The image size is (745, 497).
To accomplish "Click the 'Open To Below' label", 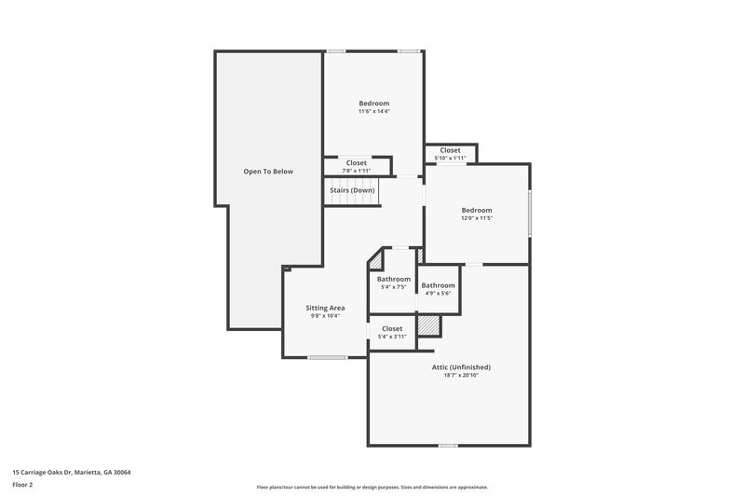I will [x=268, y=172].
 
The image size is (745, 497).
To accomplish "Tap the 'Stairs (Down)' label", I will [x=352, y=190].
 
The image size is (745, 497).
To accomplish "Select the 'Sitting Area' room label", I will [x=325, y=308].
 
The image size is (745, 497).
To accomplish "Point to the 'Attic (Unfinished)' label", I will [x=461, y=367].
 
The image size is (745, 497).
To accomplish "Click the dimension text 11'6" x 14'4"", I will [x=373, y=112].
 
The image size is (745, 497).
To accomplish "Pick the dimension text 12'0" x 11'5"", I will [x=476, y=218].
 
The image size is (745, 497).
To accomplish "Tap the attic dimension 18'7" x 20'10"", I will [x=461, y=376].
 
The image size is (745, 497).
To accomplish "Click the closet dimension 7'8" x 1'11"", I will [x=356, y=171].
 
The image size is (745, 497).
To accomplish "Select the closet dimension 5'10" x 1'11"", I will [x=450, y=158].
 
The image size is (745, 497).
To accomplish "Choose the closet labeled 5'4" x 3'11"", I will [x=392, y=336].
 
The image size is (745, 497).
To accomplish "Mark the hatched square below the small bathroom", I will [x=427, y=324].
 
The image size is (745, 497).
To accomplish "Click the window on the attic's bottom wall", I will [x=448, y=445].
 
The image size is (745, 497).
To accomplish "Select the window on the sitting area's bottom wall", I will [x=327, y=357].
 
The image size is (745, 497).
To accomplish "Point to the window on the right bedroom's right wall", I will [x=530, y=214].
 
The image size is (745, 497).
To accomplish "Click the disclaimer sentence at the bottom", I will [x=372, y=487].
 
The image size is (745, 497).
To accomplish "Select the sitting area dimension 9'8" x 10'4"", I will [x=325, y=316].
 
